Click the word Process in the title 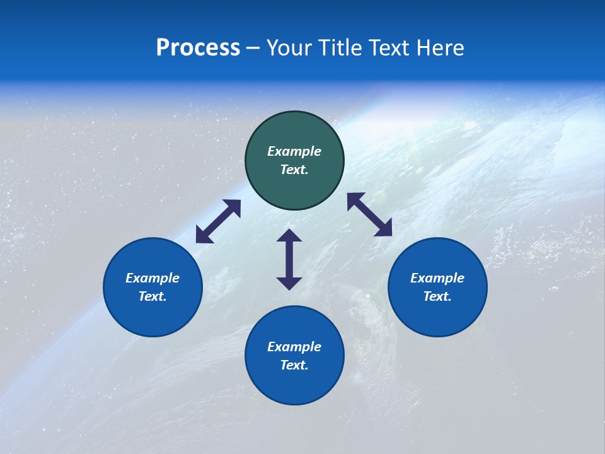198,48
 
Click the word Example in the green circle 294,151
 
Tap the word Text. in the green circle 294,170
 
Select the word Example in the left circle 153,278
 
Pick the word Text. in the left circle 153,296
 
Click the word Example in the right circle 437,278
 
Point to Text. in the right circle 437,296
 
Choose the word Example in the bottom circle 294,347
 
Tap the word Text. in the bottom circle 294,365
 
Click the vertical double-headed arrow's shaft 289,259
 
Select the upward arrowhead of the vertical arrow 289,236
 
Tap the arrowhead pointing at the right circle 384,228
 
